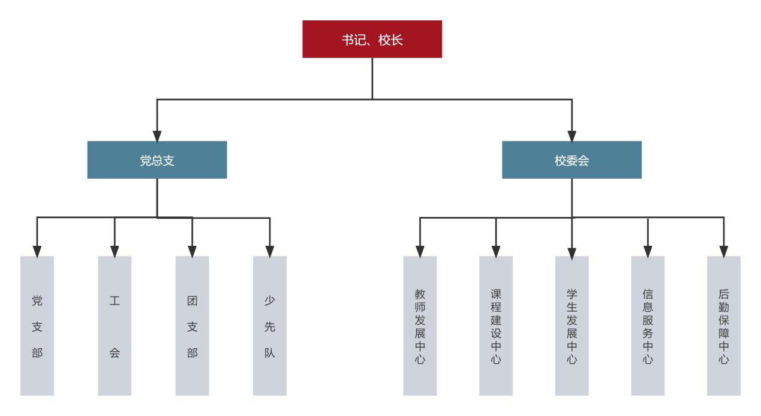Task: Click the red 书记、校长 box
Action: click(372, 39)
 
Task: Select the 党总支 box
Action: click(157, 160)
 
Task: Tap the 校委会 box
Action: click(571, 160)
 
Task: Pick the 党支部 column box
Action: click(37, 326)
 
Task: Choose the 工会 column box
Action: click(115, 326)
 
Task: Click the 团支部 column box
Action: click(192, 326)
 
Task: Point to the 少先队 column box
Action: click(270, 326)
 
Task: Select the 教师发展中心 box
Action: click(420, 326)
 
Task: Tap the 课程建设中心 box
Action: click(496, 326)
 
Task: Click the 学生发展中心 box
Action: click(572, 326)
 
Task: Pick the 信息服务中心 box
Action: click(648, 326)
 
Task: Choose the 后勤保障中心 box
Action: click(724, 326)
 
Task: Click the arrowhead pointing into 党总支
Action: click(157, 135)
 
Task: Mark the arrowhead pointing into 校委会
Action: click(571, 135)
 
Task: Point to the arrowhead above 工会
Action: click(115, 250)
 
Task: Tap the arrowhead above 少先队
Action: click(270, 250)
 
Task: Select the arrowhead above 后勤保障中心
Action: click(724, 250)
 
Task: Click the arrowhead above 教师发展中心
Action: click(420, 250)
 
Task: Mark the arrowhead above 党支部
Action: click(37, 250)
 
